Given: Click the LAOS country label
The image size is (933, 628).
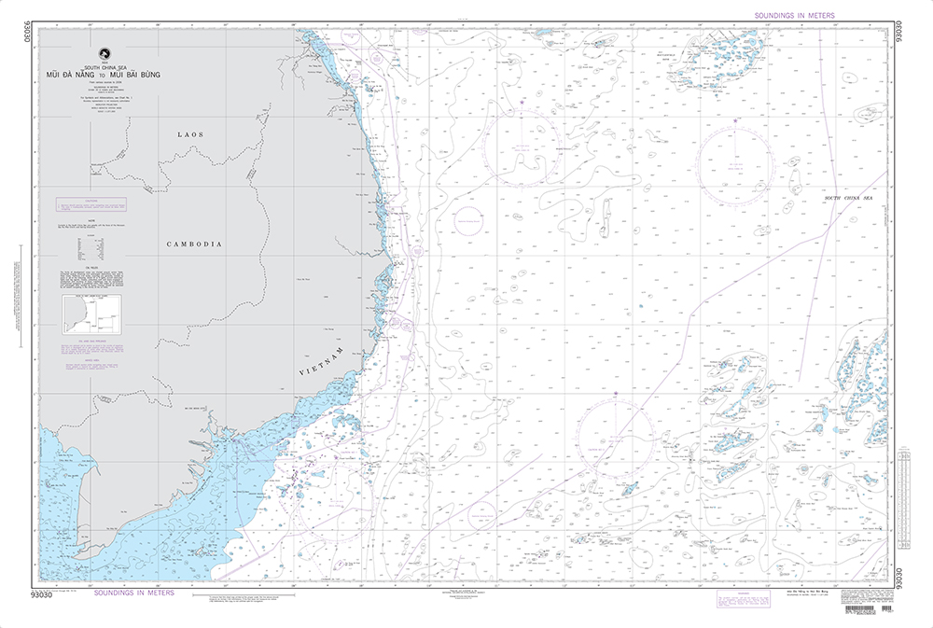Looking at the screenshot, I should tap(190, 134).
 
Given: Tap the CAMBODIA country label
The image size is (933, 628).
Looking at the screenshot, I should tap(193, 244).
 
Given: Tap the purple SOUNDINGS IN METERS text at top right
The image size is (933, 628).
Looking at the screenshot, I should tap(792, 16).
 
